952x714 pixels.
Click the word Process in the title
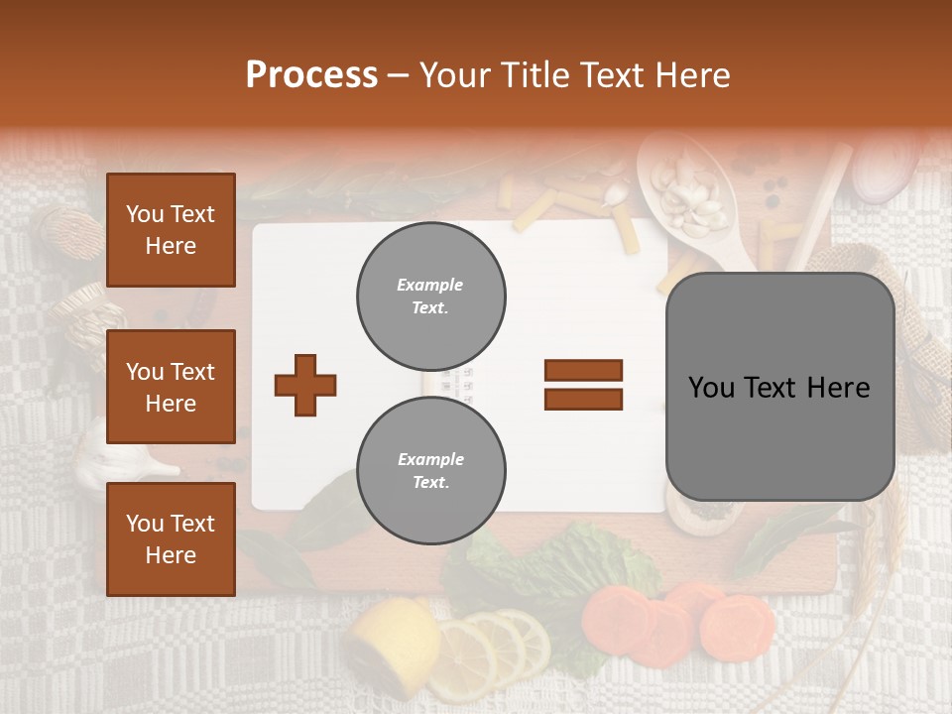[311, 75]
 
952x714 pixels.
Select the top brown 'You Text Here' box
[171, 230]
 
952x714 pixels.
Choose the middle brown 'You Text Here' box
[171, 387]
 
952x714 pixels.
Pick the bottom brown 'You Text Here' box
[171, 538]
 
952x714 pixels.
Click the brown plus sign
[305, 385]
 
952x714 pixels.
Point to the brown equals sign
[583, 385]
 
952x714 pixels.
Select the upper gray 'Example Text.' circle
[430, 297]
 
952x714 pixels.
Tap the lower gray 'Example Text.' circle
[430, 470]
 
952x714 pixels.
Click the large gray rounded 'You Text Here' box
[779, 387]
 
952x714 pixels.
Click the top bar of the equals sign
[583, 371]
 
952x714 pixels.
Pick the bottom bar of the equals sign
[583, 400]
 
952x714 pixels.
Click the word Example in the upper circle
[429, 286]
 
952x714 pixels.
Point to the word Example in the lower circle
[430, 459]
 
